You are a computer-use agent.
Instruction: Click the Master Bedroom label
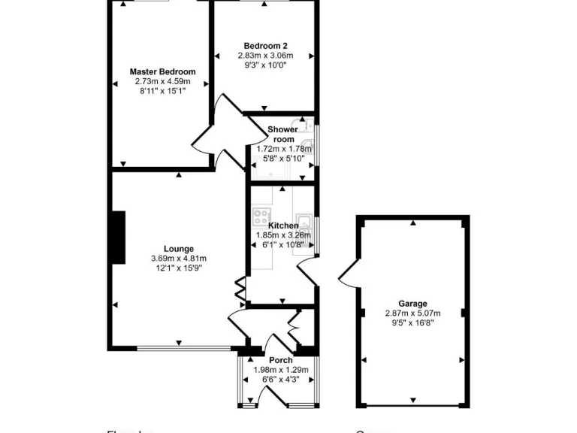[x=162, y=72]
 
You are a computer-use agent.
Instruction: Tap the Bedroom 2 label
[x=265, y=45]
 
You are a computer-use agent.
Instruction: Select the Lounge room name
[x=179, y=249]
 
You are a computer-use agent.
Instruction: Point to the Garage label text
[x=412, y=304]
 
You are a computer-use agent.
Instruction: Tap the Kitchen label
[x=282, y=226]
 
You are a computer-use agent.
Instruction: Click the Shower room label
[x=282, y=134]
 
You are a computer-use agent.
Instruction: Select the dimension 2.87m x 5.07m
[x=412, y=313]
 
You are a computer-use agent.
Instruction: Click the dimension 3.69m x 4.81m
[x=179, y=259]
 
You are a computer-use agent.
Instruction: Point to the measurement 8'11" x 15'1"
[x=162, y=90]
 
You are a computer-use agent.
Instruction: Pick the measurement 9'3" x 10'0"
[x=265, y=65]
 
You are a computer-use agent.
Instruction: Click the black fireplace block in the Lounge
[x=119, y=238]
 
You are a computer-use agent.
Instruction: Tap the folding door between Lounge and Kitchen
[x=240, y=289]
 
